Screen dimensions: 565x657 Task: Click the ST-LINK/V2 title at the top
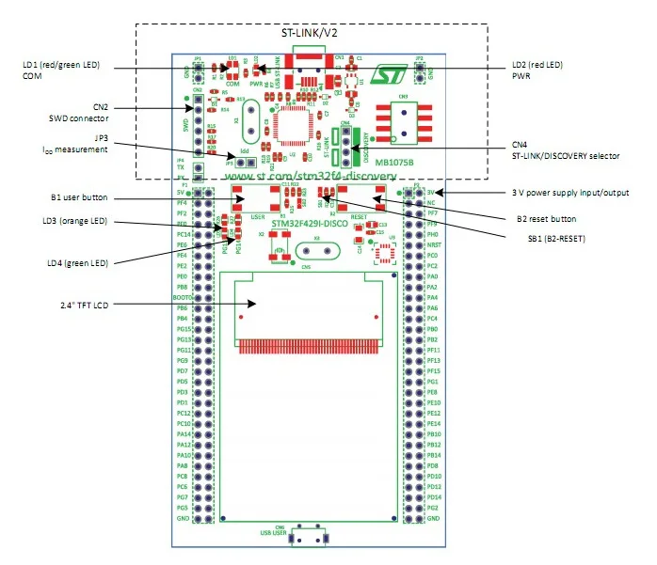(310, 33)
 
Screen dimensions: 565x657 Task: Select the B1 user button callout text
(79, 198)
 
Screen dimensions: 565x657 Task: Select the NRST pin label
(433, 244)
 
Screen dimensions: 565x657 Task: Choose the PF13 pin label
(433, 361)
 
